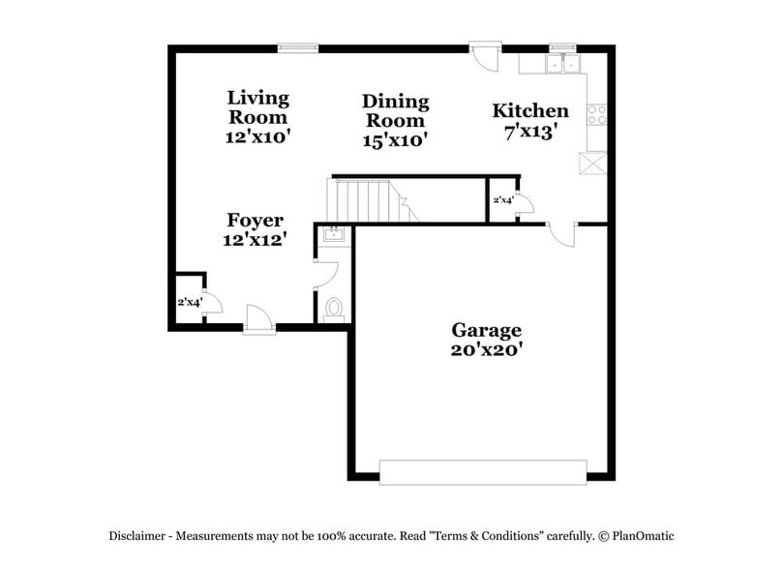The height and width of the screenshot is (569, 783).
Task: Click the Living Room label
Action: tap(257, 117)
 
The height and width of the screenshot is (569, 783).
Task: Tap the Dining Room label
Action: tap(395, 120)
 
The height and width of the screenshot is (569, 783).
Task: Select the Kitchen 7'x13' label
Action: tap(529, 121)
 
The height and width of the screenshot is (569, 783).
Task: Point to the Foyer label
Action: tap(255, 229)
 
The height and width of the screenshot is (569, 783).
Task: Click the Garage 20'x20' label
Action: tap(486, 340)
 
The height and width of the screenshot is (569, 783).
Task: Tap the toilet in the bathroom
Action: tap(334, 307)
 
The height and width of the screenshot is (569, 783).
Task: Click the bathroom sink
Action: tap(332, 235)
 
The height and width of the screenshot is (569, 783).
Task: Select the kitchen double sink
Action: tap(563, 64)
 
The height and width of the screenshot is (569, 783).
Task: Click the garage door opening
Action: tap(483, 471)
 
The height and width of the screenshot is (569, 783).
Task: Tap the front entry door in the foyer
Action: tap(259, 318)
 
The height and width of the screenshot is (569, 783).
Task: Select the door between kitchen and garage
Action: tap(561, 233)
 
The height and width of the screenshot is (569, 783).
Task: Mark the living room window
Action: tap(297, 45)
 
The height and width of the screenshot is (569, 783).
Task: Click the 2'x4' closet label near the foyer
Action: tap(188, 302)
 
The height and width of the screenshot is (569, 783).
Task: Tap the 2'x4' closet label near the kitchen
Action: tap(503, 200)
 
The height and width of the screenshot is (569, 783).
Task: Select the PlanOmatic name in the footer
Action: tap(642, 535)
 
